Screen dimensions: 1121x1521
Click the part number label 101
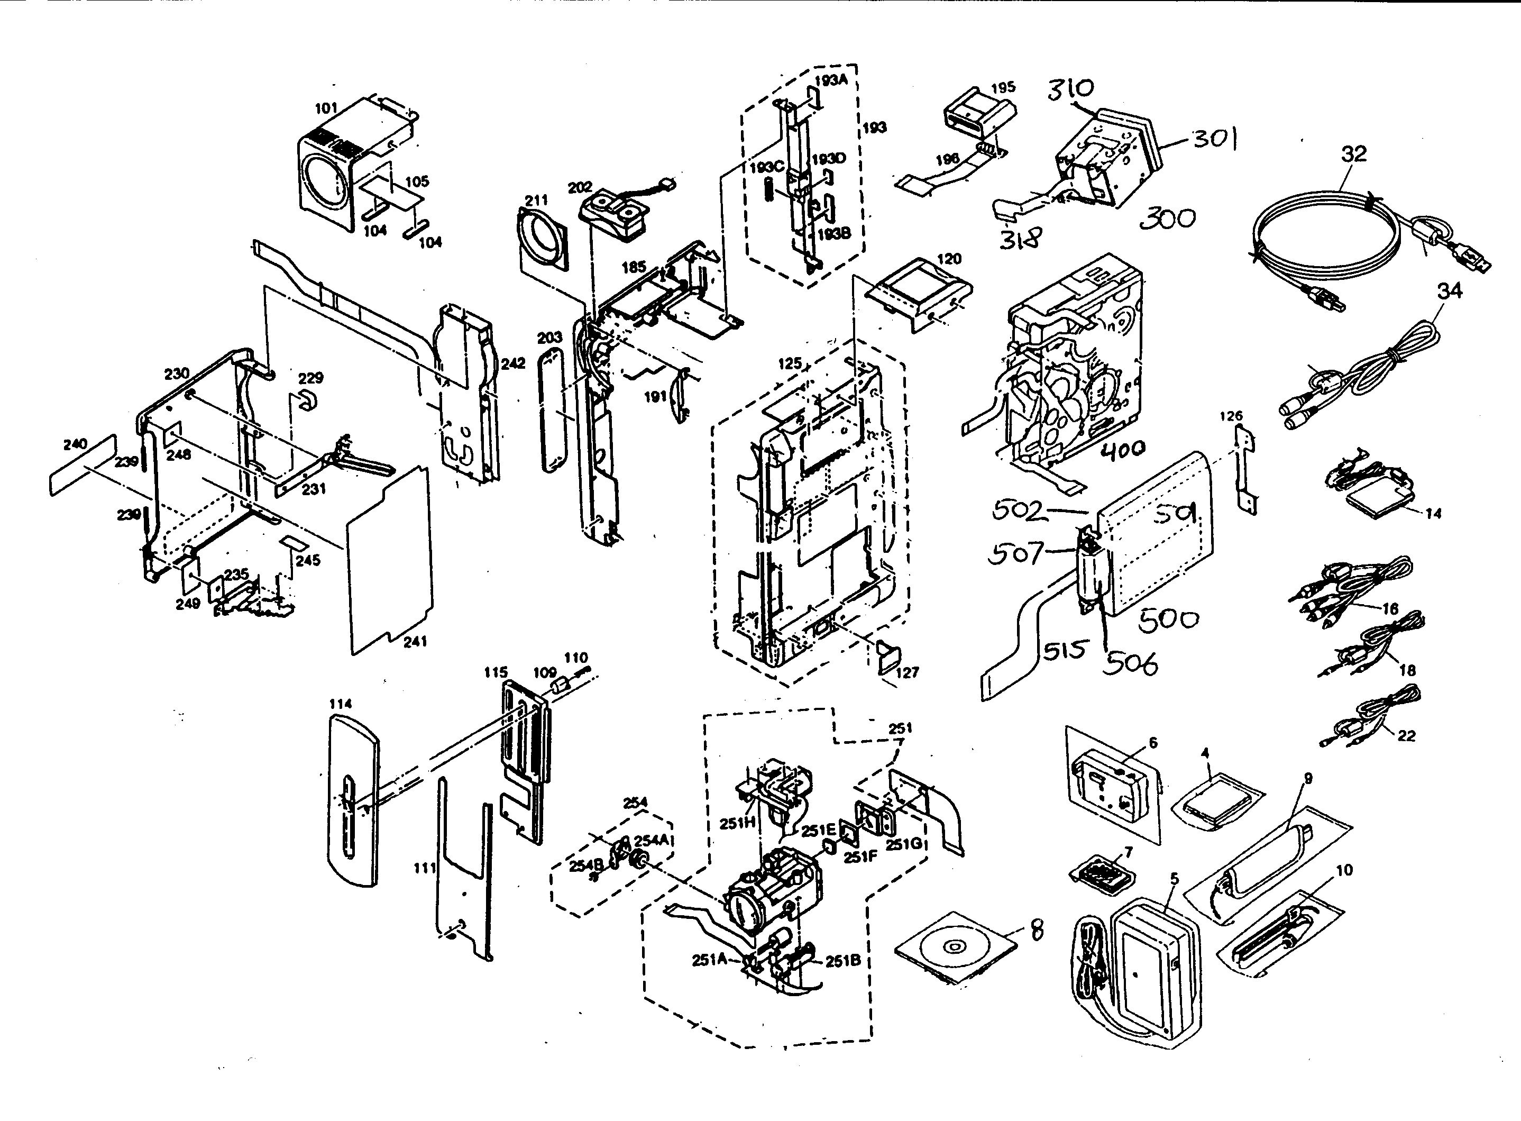click(x=326, y=108)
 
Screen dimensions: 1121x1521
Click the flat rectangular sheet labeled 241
click(x=390, y=560)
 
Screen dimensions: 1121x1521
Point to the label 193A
click(x=831, y=80)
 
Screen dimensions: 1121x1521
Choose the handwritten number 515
click(x=1064, y=651)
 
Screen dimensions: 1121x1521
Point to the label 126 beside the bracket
click(x=1231, y=416)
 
